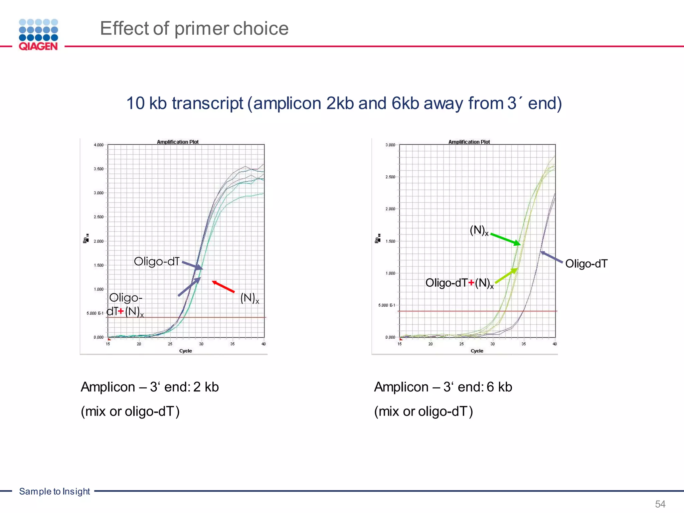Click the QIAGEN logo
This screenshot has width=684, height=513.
click(x=38, y=35)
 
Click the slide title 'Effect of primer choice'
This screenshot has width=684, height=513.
click(x=194, y=28)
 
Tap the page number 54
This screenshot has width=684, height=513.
click(x=660, y=504)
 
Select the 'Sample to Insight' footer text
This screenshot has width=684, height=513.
click(x=54, y=491)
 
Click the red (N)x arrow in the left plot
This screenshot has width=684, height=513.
click(x=223, y=287)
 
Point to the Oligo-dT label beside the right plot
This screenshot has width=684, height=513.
click(x=586, y=264)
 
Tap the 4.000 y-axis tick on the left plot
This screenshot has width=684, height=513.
click(x=99, y=145)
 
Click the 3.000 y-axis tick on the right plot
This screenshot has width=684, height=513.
click(x=390, y=145)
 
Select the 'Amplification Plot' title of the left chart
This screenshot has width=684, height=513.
click(x=178, y=142)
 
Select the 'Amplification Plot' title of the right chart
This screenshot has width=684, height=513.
click(x=469, y=142)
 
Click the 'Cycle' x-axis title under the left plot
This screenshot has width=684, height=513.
click(x=185, y=351)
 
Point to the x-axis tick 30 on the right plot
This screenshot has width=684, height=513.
click(x=492, y=344)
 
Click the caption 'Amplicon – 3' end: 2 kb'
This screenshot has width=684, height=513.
click(x=150, y=387)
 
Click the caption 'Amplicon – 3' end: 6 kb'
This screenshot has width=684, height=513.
click(x=443, y=387)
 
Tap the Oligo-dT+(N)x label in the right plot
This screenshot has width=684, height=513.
click(x=459, y=283)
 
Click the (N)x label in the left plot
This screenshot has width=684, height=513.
click(x=249, y=298)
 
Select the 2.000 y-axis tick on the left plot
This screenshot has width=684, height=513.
click(x=99, y=241)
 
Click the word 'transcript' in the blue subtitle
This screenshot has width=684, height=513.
click(x=207, y=103)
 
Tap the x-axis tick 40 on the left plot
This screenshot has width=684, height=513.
click(x=264, y=344)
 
